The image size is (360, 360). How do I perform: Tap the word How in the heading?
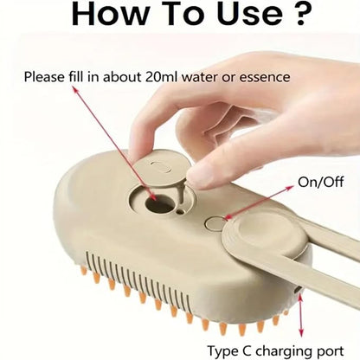(x=109, y=14)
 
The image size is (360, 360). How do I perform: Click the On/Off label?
(x=321, y=182)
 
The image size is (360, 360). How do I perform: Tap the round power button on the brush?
(x=215, y=224)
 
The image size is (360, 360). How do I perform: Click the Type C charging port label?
(x=276, y=351)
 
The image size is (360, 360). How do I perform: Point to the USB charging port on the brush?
(x=298, y=289)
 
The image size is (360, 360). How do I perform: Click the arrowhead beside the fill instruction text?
(x=75, y=90)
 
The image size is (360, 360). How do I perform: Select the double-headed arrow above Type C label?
(x=300, y=315)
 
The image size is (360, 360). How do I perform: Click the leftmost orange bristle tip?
(x=84, y=270)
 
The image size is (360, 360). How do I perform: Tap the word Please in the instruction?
(x=44, y=77)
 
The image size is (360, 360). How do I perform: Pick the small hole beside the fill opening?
(x=181, y=212)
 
